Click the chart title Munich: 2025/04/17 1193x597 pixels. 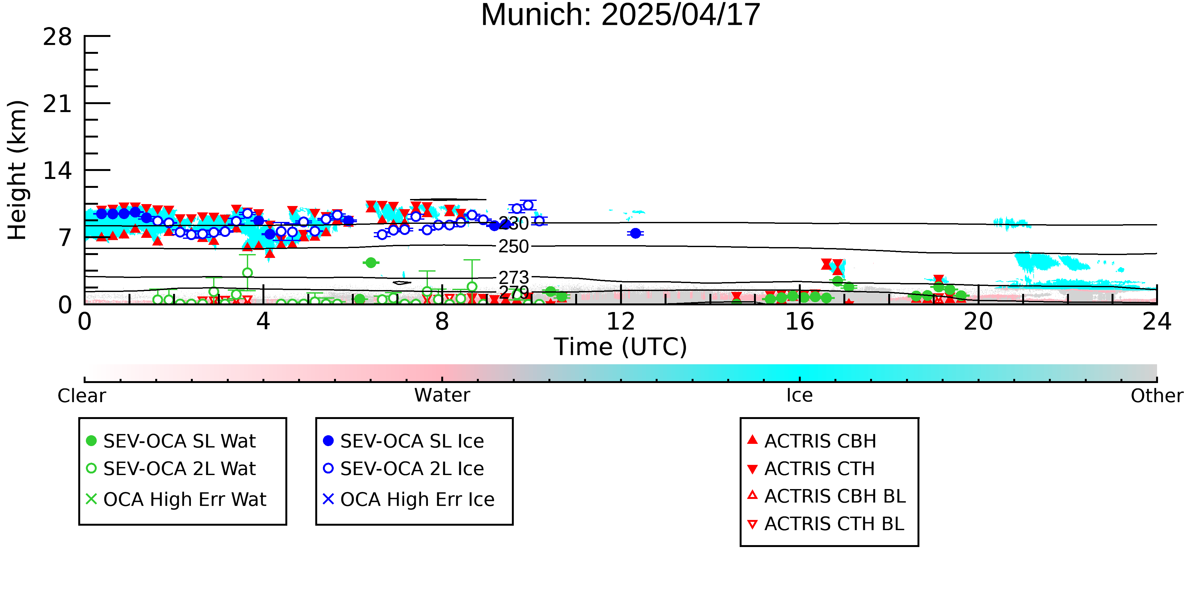(621, 15)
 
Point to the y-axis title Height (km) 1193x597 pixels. (17, 170)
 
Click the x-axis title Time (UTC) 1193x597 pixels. (621, 347)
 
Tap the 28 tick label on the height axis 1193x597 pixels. (58, 37)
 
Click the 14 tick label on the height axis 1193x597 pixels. (58, 171)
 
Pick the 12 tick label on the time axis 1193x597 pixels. (621, 321)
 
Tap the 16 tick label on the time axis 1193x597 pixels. (799, 321)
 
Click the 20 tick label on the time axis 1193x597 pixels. (978, 321)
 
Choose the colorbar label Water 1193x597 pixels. (442, 395)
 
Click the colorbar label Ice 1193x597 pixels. (799, 395)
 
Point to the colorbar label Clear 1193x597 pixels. (81, 395)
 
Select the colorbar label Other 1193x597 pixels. (1157, 395)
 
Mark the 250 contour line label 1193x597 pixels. (513, 246)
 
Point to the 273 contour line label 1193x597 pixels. (513, 277)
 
